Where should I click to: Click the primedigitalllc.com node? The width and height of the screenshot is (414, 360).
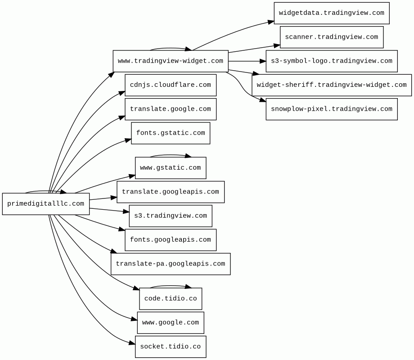[46, 204]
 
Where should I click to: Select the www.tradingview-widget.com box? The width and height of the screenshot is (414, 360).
[171, 61]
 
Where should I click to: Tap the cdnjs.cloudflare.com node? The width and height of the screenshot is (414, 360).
[171, 85]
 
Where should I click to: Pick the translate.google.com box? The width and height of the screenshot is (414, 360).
[171, 109]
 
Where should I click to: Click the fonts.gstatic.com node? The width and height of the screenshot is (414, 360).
[171, 133]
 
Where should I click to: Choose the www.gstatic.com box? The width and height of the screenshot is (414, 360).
[171, 168]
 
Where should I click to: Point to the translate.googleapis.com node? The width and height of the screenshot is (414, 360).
[171, 192]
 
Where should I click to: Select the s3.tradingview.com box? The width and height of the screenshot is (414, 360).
[171, 216]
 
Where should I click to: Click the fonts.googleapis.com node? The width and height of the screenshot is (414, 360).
[171, 240]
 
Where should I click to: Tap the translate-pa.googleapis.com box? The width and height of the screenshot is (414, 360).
[171, 264]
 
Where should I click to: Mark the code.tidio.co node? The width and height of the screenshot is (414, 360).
[171, 299]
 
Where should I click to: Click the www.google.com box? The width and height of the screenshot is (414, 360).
[171, 323]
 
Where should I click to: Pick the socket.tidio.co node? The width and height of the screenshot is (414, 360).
[171, 347]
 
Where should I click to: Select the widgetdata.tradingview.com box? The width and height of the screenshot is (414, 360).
[332, 13]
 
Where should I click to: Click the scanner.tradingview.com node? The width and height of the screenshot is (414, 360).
[332, 37]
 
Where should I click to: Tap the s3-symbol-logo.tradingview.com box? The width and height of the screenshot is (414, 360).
[332, 61]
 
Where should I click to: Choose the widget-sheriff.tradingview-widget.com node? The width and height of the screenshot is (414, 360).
[332, 85]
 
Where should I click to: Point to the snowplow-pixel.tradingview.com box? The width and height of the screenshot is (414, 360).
[332, 109]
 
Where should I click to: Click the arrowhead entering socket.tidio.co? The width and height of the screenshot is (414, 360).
[132, 343]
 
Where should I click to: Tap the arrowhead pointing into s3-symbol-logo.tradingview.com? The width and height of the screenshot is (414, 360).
[263, 61]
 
